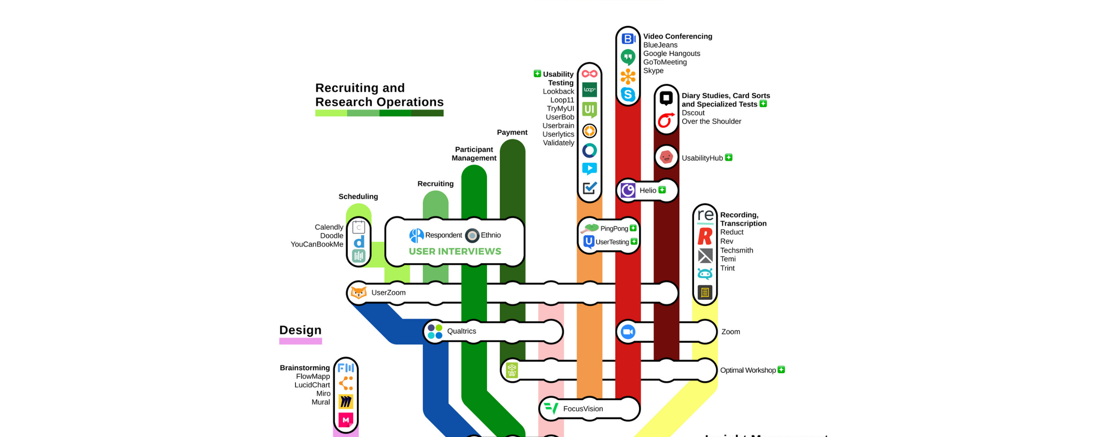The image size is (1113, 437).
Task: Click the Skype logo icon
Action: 628,94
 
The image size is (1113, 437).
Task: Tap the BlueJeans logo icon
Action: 628,39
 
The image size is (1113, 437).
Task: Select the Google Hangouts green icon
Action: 628,57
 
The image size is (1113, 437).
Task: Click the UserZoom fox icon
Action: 358,292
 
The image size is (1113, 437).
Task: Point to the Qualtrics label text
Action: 461,331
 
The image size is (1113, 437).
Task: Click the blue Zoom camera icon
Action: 628,332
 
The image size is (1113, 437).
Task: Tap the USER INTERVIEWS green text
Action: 455,251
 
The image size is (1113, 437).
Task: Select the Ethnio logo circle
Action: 472,236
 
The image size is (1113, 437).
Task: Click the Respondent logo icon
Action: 416,236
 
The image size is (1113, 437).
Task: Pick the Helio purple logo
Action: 628,191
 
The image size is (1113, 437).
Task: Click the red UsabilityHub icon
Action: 666,157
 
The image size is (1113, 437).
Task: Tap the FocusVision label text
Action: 583,409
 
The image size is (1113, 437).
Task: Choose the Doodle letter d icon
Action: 359,242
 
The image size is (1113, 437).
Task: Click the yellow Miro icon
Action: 346,401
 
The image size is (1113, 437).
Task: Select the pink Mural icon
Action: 346,420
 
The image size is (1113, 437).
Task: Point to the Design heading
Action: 300,330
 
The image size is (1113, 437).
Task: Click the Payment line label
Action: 512,132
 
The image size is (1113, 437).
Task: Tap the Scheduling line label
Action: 358,197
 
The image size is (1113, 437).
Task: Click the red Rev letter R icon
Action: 704,236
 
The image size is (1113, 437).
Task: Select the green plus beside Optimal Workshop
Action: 781,370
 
